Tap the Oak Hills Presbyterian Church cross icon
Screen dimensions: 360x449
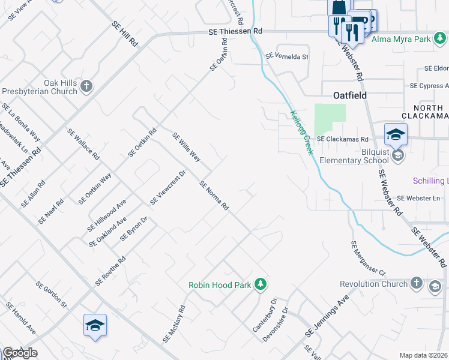click(86, 86)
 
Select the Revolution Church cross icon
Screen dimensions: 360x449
click(417, 283)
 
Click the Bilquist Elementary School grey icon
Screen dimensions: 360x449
click(397, 157)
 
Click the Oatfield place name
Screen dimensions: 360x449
click(349, 95)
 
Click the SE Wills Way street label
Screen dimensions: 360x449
click(186, 148)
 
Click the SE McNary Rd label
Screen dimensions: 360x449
click(174, 326)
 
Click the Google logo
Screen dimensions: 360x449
click(20, 353)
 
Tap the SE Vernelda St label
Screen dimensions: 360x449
click(287, 57)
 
